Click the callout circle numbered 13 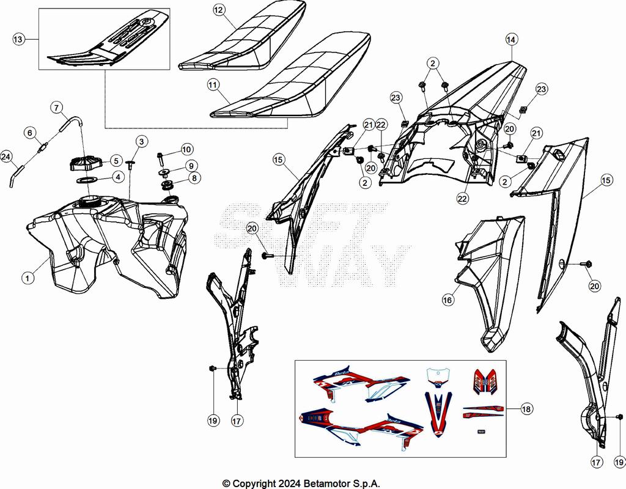pos(18,39)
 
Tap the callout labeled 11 pos(213,86)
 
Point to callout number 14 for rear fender pos(511,39)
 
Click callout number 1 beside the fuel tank pos(27,278)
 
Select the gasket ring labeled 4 pos(87,180)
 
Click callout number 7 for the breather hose pos(57,109)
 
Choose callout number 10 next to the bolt pos(186,149)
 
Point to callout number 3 pos(141,142)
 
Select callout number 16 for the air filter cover pos(447,300)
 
